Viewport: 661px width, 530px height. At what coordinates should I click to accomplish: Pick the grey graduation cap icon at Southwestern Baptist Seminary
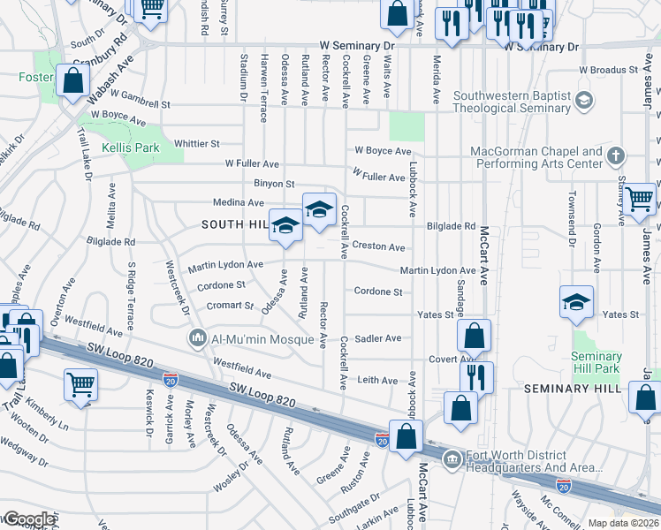point(582,101)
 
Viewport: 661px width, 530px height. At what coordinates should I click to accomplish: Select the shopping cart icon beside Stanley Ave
point(639,199)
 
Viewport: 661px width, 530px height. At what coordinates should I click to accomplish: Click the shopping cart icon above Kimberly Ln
point(80,384)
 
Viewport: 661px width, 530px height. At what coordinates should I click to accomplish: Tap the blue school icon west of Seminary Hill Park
point(576,301)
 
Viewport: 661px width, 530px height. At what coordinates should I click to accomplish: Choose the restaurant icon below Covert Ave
point(475,376)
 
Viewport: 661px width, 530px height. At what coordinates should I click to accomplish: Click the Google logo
point(29,519)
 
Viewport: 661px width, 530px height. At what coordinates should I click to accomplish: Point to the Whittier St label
point(196,143)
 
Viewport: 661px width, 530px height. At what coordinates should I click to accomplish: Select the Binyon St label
point(274,184)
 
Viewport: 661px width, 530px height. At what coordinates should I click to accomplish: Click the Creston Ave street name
point(378,247)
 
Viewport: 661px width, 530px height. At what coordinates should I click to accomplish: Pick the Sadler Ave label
point(377,338)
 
